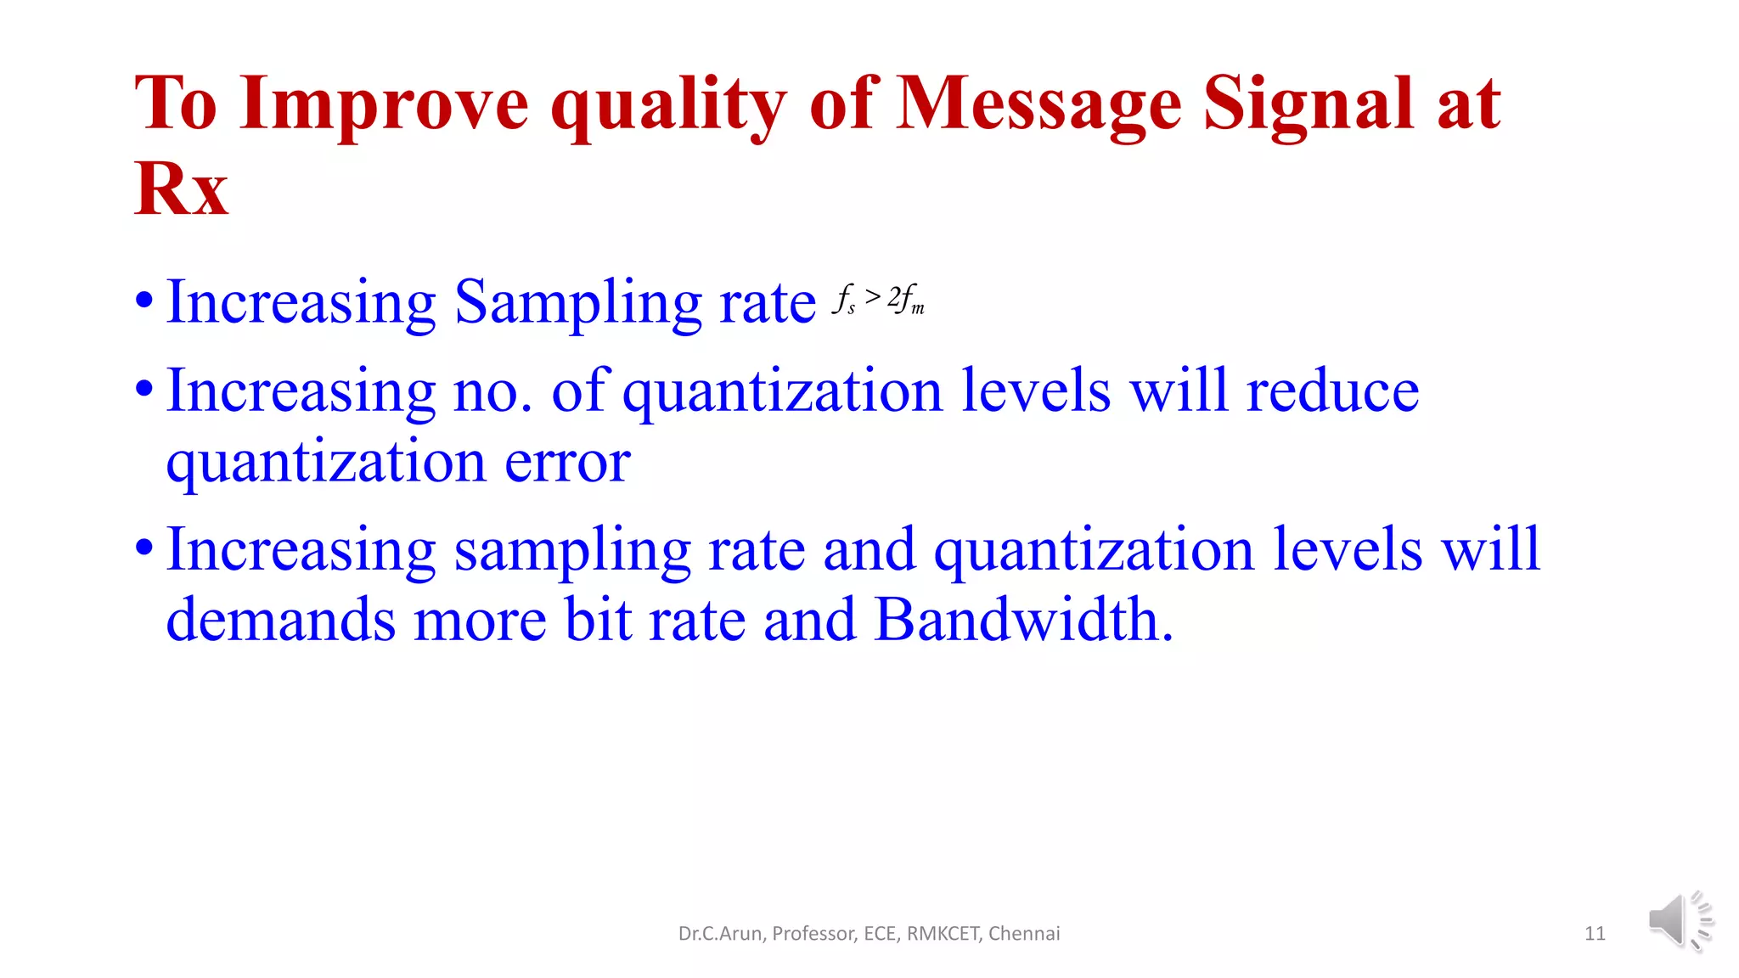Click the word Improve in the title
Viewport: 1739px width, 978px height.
click(384, 105)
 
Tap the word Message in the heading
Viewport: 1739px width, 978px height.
click(1038, 105)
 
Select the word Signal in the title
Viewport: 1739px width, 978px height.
click(1309, 105)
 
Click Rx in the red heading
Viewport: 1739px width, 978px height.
click(182, 188)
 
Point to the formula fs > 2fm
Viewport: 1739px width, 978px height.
click(879, 300)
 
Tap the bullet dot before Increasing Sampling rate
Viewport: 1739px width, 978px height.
click(144, 301)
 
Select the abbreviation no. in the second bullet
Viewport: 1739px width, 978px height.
click(492, 392)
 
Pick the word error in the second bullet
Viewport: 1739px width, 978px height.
click(567, 464)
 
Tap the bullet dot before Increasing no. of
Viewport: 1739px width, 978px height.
click(144, 390)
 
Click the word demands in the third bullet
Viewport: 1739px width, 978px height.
click(280, 620)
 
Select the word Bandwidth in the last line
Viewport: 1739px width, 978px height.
click(1022, 620)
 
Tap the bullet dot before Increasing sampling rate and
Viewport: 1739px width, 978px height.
click(144, 548)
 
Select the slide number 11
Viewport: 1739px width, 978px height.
click(1595, 934)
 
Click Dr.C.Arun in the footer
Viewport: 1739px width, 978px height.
click(722, 934)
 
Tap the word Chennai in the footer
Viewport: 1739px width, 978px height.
click(1024, 934)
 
